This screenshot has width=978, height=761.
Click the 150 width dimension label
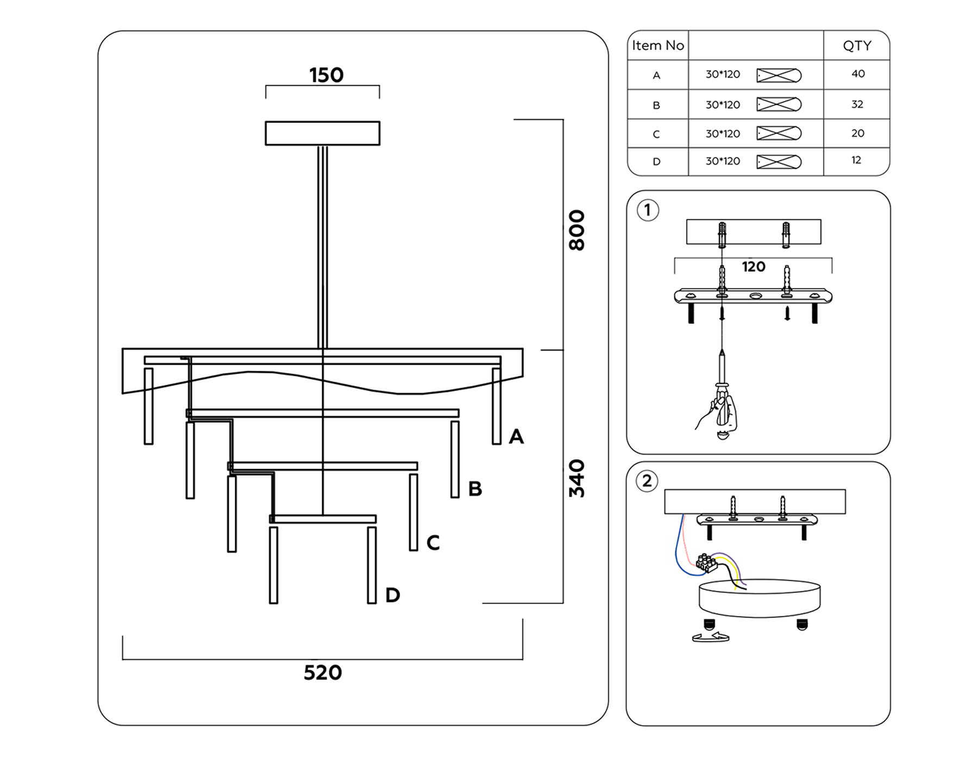326,75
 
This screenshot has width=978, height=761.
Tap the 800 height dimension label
576,230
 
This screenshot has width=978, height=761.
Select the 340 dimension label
576,478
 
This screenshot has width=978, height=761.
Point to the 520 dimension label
323,673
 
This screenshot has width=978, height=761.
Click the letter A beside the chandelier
516,436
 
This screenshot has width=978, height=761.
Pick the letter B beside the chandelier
475,489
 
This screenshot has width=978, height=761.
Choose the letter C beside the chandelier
433,542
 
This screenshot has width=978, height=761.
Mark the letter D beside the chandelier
392,595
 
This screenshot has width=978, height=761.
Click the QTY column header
857,46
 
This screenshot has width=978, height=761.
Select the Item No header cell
657,46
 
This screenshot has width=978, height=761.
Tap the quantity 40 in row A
858,74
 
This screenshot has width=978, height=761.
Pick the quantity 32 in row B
857,104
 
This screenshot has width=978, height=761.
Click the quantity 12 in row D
856,160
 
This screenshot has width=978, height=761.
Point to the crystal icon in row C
779,133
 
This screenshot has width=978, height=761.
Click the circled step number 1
648,210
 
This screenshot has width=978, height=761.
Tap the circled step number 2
647,481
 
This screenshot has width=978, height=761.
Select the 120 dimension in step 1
753,267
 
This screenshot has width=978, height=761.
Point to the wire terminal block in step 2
706,563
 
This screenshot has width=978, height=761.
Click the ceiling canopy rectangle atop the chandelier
323,133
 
